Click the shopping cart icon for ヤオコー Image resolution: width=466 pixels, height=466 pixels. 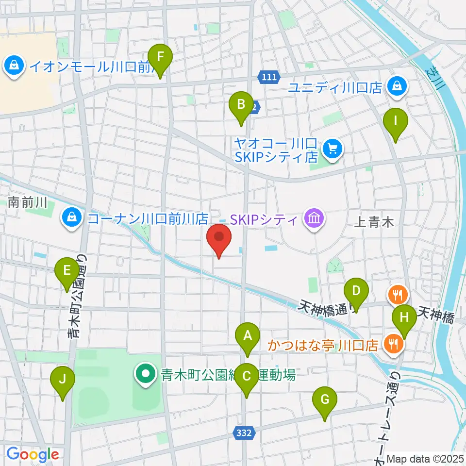tap(333, 148)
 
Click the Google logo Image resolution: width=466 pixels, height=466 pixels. tap(32, 454)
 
